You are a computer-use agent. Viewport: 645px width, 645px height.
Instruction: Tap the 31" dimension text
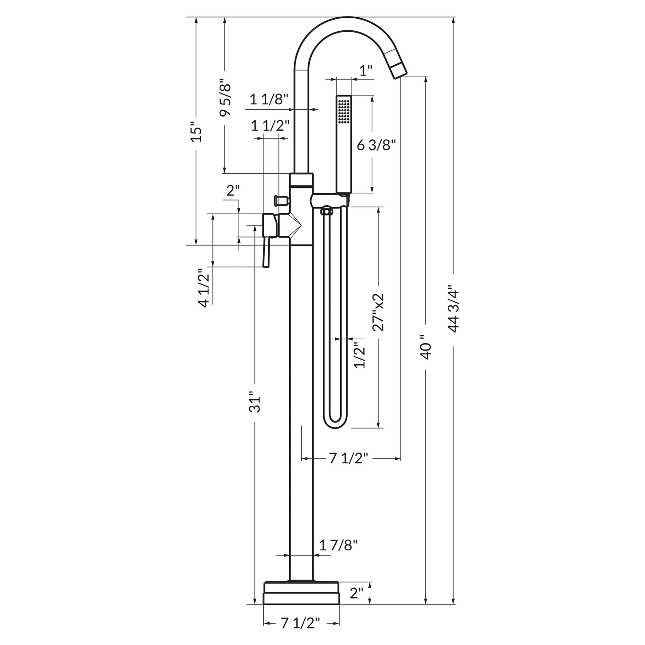[x=254, y=402]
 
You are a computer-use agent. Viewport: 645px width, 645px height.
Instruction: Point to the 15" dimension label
[x=196, y=132]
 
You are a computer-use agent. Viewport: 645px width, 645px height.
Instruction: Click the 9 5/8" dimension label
[x=225, y=100]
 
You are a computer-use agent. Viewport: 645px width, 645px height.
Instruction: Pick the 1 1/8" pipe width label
[x=269, y=99]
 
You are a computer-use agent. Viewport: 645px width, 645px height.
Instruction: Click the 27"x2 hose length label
[x=379, y=312]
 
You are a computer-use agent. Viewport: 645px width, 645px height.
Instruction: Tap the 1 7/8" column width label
[x=339, y=545]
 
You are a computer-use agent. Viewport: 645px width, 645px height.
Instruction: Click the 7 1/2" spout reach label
[x=349, y=458]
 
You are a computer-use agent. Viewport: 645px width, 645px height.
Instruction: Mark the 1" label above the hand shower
[x=366, y=71]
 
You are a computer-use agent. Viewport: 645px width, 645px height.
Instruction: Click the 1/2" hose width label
[x=359, y=354]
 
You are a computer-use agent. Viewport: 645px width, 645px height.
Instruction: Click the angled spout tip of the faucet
[x=399, y=71]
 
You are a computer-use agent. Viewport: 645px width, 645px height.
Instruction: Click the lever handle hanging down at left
[x=266, y=253]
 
